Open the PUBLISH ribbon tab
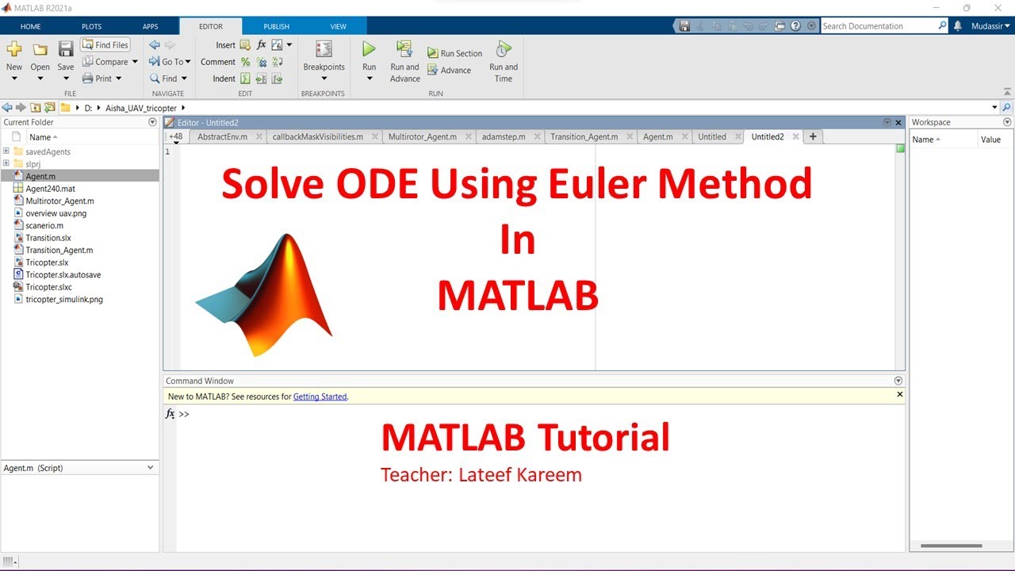pyautogui.click(x=276, y=26)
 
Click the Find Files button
pyautogui.click(x=105, y=45)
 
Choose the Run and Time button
pyautogui.click(x=503, y=60)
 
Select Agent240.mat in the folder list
pyautogui.click(x=50, y=189)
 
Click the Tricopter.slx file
pyautogui.click(x=47, y=263)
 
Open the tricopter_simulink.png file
pyautogui.click(x=63, y=299)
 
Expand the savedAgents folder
pyautogui.click(x=6, y=151)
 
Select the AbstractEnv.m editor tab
pyautogui.click(x=222, y=136)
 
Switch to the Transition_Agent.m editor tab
pyautogui.click(x=584, y=136)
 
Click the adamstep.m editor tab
pyautogui.click(x=504, y=136)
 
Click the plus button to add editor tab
pyautogui.click(x=813, y=136)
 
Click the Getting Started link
pyautogui.click(x=320, y=397)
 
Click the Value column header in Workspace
pyautogui.click(x=990, y=140)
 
